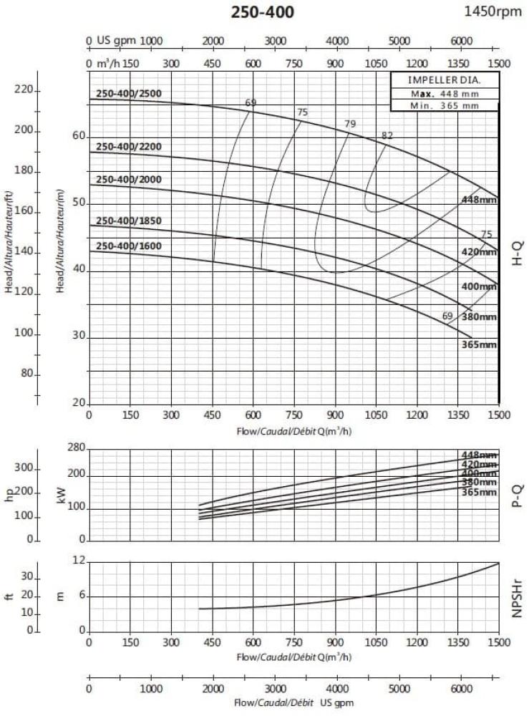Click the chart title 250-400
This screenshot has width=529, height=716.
tap(262, 12)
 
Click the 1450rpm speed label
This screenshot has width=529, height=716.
tap(493, 11)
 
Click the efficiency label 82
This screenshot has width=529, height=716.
tap(387, 135)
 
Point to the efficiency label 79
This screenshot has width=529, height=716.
tap(350, 124)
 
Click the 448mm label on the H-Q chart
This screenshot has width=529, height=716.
tap(479, 200)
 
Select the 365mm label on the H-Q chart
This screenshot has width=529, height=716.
tap(479, 344)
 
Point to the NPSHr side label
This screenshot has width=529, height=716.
tap(519, 599)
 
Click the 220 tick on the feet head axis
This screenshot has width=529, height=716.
tap(24, 90)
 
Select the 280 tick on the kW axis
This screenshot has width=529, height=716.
tap(76, 448)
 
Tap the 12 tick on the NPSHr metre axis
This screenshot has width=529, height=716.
tap(79, 563)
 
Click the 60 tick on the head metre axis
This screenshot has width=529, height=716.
tap(79, 136)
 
